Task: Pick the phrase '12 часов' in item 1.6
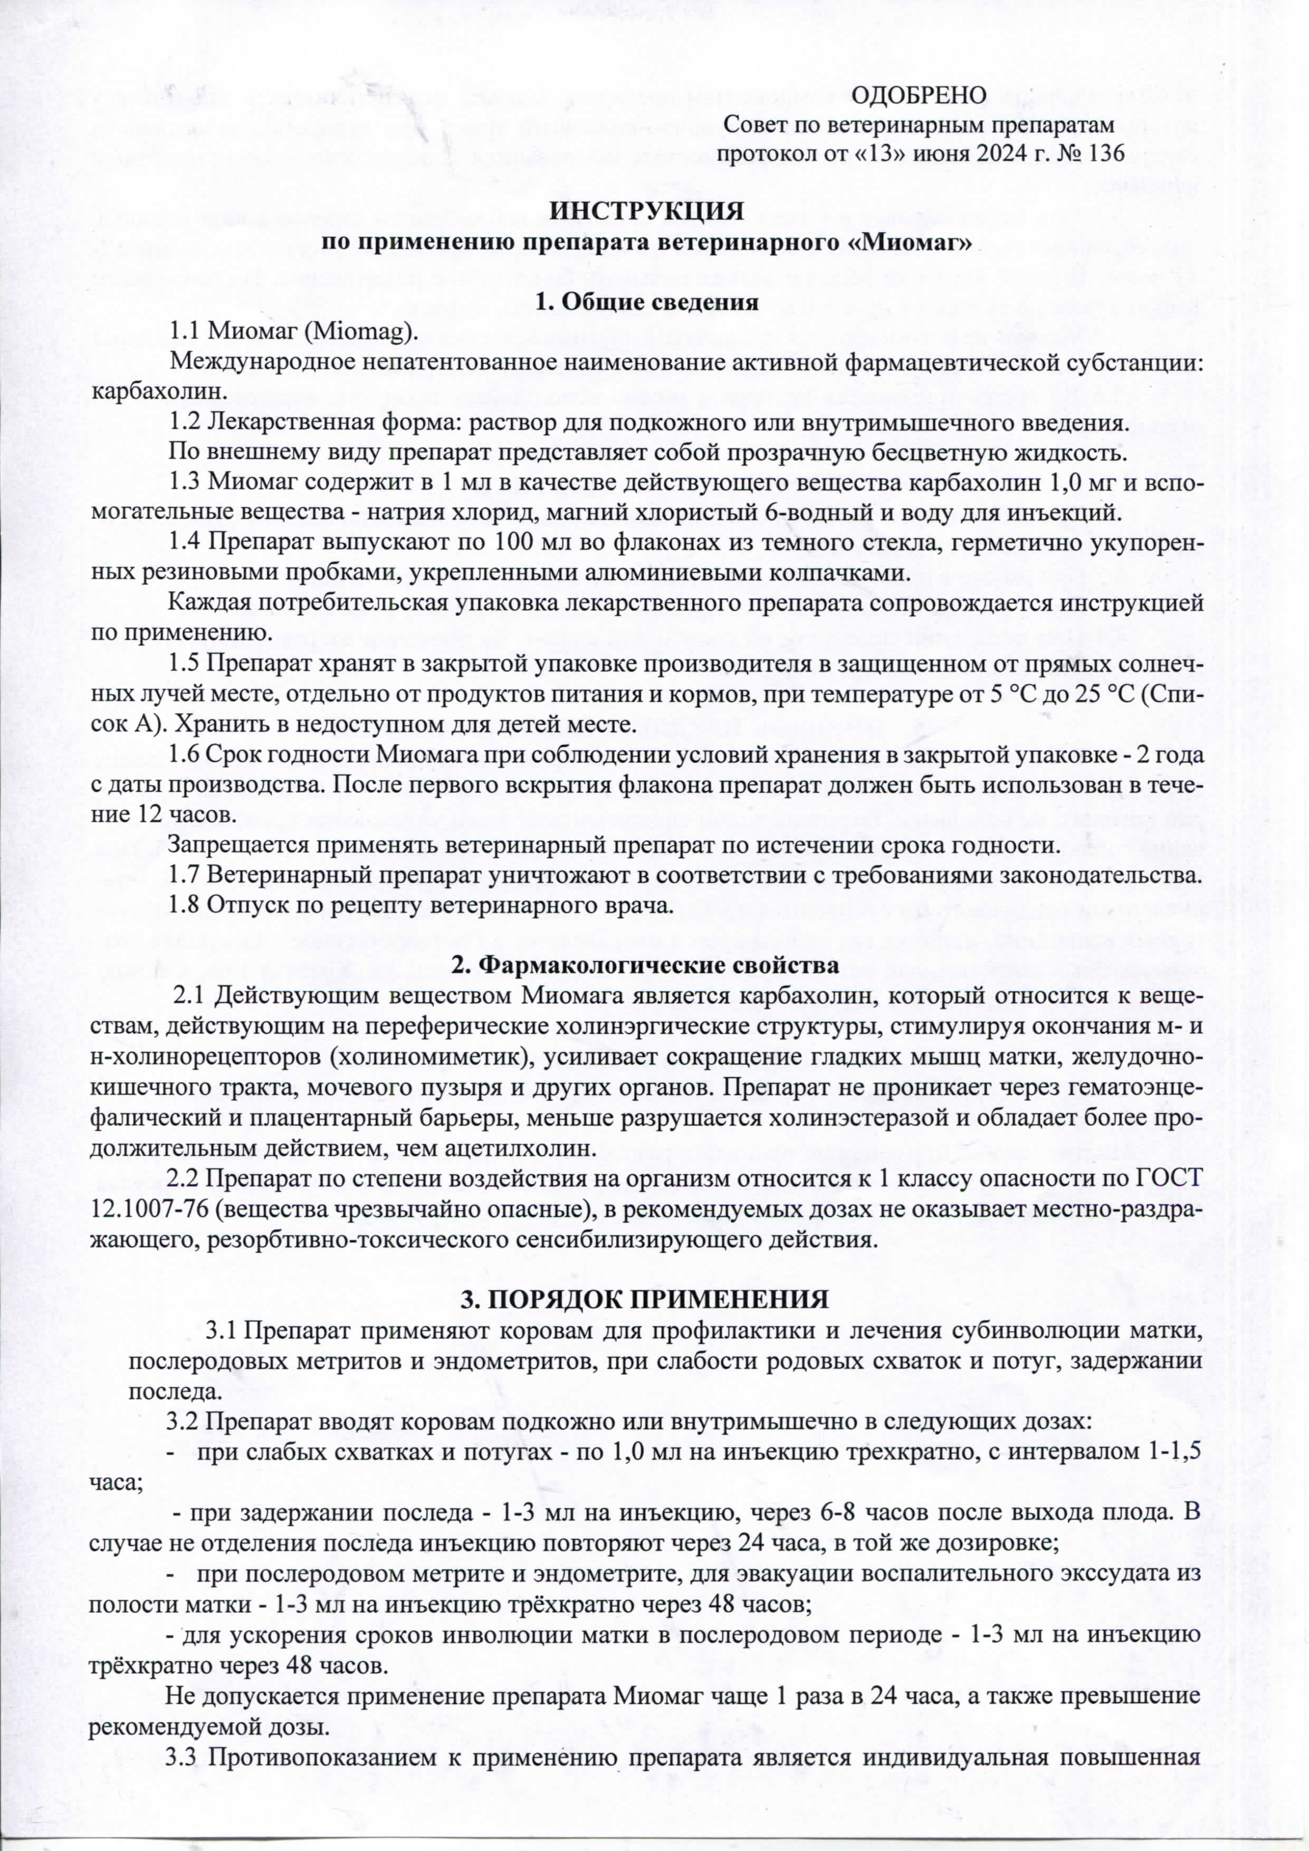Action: (180, 814)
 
